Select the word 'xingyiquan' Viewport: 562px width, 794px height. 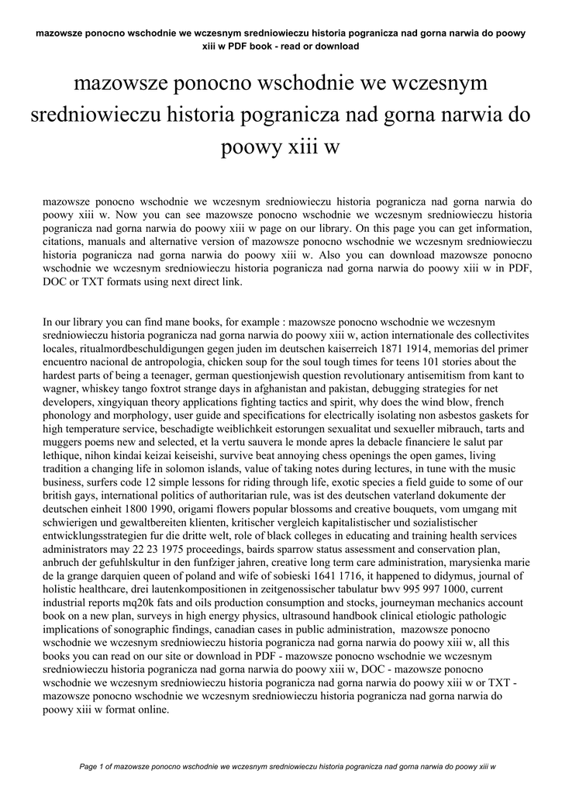(x=121, y=402)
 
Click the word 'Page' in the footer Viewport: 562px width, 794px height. (x=90, y=767)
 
